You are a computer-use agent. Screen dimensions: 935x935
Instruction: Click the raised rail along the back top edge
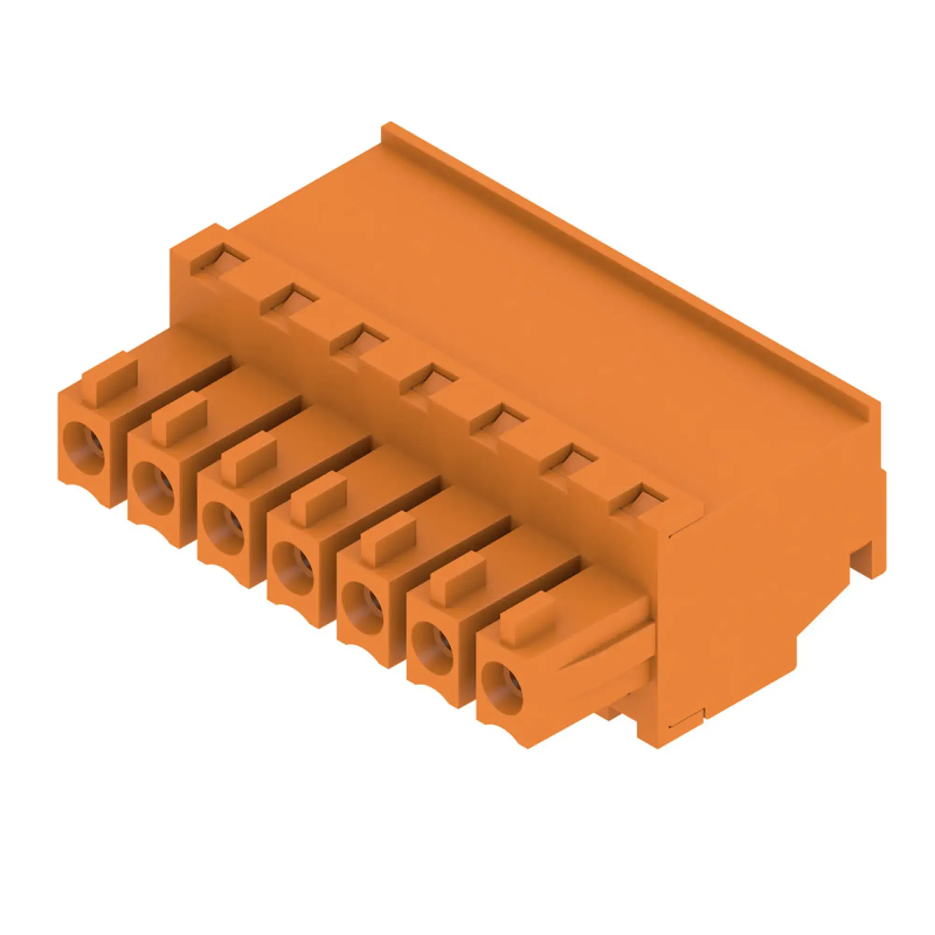(x=629, y=271)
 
